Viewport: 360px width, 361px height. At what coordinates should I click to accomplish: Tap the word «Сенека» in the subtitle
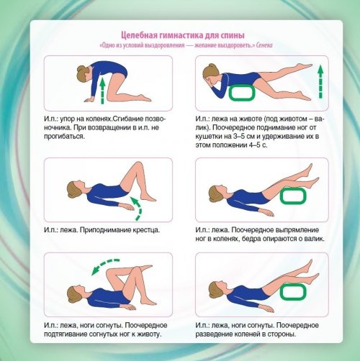coord(264,45)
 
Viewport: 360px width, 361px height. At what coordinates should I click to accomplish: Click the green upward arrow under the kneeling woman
coord(102,91)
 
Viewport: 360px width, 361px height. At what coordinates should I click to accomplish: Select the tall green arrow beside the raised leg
coord(320,82)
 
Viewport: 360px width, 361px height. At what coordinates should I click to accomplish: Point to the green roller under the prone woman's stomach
coord(242,93)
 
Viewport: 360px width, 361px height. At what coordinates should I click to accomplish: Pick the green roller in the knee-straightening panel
coord(293,196)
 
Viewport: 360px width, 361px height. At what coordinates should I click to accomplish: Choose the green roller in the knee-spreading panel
coord(293,291)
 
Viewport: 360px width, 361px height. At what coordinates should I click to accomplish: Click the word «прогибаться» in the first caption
coord(64,137)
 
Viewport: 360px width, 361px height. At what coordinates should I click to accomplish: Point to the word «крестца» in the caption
coord(146,230)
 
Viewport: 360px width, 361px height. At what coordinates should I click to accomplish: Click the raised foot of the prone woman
coord(305,65)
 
